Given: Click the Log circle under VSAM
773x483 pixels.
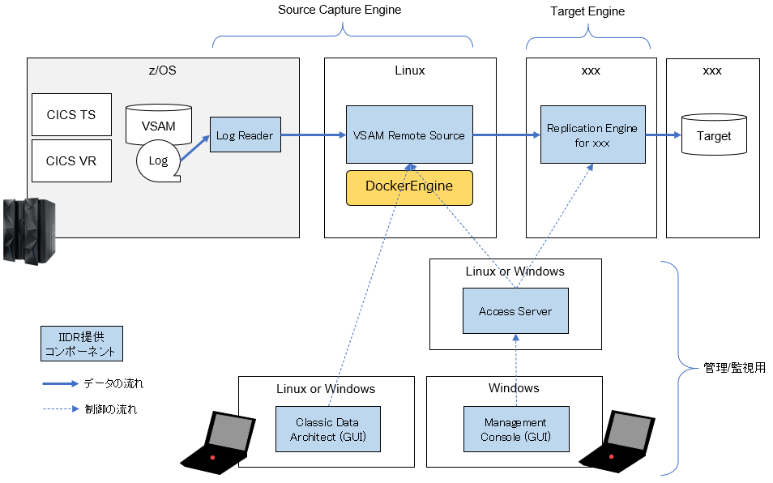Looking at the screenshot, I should point(158,160).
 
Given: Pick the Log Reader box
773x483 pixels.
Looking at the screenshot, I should point(245,135).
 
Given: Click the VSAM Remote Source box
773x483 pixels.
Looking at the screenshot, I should point(409,135).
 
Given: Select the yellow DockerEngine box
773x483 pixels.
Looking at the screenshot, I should point(409,186).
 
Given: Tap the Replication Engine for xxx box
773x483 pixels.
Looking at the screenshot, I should point(592,135).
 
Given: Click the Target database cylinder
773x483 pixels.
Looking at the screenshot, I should point(713,136).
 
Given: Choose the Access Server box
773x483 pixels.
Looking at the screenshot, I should point(515,310).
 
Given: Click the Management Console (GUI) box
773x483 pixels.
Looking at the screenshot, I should point(515,430).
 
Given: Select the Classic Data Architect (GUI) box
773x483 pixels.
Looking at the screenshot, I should point(327,430).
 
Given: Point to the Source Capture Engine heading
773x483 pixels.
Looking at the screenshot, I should point(340,11).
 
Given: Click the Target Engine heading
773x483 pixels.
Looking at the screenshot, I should point(587,11).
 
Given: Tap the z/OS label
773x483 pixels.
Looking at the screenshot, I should point(163,71).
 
